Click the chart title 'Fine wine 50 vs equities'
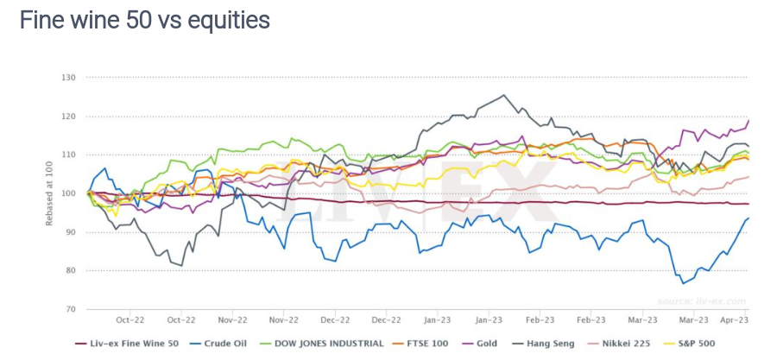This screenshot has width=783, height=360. pyautogui.click(x=145, y=21)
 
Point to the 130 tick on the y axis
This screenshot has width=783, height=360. pyautogui.click(x=69, y=78)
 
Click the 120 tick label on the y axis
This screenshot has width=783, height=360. pyautogui.click(x=69, y=117)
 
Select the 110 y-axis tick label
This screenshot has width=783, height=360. pyautogui.click(x=69, y=155)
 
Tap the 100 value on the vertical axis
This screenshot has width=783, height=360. pyautogui.click(x=69, y=193)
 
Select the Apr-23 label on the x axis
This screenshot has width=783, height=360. pyautogui.click(x=734, y=319)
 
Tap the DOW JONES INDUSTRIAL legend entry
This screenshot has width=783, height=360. pyautogui.click(x=327, y=343)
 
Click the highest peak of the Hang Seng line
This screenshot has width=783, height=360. pyautogui.click(x=503, y=95)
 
